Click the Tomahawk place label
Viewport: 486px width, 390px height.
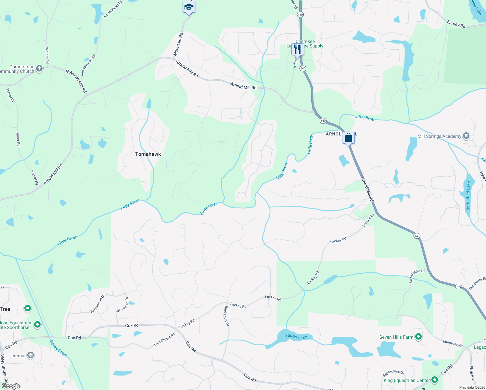(148, 154)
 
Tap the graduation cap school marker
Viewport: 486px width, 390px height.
(189, 7)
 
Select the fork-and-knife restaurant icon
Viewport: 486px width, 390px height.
(298, 49)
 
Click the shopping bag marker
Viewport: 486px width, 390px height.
(348, 138)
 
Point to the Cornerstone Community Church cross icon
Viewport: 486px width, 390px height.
(39, 69)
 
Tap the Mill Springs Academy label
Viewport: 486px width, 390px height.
(439, 136)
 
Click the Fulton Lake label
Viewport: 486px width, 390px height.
(296, 336)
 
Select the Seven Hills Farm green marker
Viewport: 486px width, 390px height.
(418, 337)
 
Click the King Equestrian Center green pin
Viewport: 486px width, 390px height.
(435, 380)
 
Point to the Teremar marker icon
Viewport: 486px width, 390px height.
(30, 355)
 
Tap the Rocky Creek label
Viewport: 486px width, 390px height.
(59, 349)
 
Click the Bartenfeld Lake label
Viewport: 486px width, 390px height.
(468, 196)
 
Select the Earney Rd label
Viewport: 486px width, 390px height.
(456, 24)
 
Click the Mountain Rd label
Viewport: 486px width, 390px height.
(178, 44)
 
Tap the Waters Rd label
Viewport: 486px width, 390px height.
(47, 55)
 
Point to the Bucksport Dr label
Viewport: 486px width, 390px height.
(226, 316)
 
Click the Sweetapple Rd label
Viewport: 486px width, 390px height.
(417, 276)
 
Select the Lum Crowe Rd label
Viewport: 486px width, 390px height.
(164, 339)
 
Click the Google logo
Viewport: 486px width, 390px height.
(11, 386)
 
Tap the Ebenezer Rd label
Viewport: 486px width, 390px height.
(453, 343)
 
